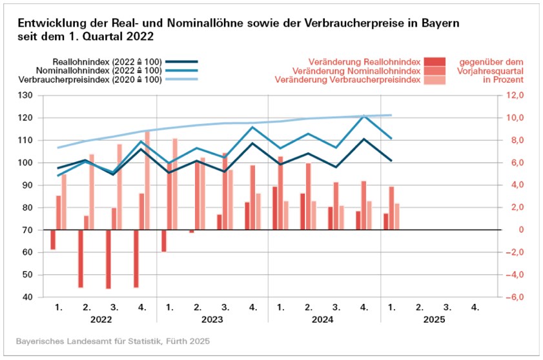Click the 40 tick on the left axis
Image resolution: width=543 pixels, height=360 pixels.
point(28,297)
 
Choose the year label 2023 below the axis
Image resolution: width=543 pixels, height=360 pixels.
point(212,319)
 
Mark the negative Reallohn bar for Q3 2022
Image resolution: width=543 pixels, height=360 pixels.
point(108,259)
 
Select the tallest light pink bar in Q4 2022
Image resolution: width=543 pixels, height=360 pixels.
point(147,181)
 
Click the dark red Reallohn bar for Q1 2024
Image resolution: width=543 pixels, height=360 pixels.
point(275,208)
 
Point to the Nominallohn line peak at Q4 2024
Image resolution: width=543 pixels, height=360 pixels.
point(364,116)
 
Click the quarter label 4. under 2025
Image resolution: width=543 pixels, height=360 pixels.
point(475,307)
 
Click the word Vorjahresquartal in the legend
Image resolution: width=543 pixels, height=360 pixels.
point(488,70)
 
